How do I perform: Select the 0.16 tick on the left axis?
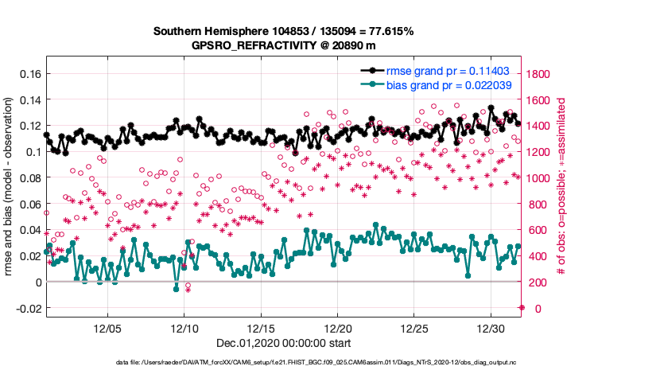pos(29,74)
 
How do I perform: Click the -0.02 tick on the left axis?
pos(26,308)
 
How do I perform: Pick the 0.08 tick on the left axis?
pos(29,178)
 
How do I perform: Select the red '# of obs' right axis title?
pos(561,188)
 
